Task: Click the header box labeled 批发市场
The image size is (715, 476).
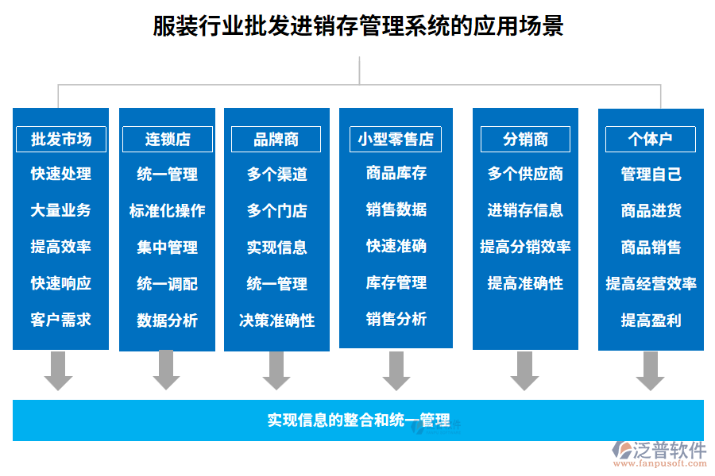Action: point(61,139)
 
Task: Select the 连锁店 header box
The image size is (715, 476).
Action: point(168,139)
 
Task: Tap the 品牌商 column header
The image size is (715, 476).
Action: point(276,139)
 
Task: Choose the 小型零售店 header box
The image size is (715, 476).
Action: point(396,139)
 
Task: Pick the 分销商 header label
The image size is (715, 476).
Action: point(525,139)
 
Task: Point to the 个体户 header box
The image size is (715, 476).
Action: point(650,139)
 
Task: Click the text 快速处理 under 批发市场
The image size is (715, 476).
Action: point(61,174)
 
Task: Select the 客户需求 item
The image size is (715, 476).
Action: point(61,320)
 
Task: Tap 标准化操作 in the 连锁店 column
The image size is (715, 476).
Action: point(168,211)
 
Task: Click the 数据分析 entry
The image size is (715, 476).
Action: point(168,321)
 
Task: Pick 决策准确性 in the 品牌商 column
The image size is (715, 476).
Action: point(276,321)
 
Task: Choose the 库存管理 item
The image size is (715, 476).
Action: point(396,282)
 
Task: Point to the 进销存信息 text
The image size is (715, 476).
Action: point(525,210)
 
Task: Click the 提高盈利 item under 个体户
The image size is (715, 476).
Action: point(651,321)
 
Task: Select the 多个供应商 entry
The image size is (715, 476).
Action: point(525,174)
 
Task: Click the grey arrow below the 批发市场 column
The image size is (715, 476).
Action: point(58,370)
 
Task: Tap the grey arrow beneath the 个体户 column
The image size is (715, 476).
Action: point(650,370)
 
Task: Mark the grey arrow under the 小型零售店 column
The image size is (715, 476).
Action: point(396,370)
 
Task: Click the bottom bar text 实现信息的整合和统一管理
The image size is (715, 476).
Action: point(358,420)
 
